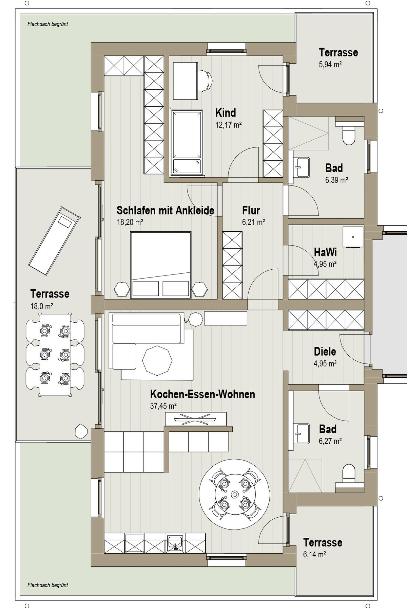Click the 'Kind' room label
point(226,112)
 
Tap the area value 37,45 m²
point(163,406)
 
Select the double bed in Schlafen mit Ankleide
point(161,265)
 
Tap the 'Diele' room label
point(325,352)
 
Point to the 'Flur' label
point(251,211)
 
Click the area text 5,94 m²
point(330,65)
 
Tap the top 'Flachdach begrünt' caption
point(48,24)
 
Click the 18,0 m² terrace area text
point(42,306)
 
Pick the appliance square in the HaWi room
point(353,237)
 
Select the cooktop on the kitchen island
point(195,419)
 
